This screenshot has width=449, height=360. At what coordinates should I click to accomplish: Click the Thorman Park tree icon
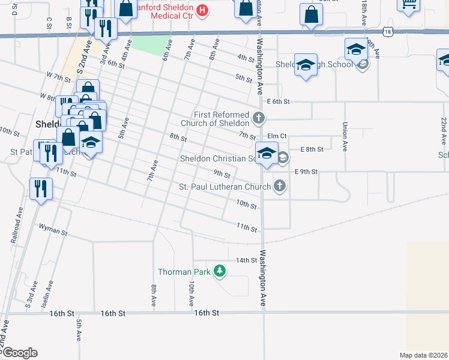[220, 272]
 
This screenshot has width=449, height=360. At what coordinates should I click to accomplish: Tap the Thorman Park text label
[184, 272]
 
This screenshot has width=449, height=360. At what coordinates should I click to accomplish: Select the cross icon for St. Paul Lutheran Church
[279, 187]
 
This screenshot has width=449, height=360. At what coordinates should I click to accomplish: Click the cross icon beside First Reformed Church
[259, 118]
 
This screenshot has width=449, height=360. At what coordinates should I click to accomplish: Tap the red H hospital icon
[202, 10]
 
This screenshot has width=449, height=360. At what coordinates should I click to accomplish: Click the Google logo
[19, 352]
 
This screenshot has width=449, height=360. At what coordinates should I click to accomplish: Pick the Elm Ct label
[277, 136]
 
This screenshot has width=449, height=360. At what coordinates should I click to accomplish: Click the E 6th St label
[279, 102]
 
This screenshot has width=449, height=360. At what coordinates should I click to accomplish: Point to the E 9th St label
[306, 172]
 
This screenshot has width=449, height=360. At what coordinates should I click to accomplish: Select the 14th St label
[246, 260]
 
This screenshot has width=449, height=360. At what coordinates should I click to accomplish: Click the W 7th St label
[59, 77]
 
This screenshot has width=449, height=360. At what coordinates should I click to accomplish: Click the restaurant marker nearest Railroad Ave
[41, 188]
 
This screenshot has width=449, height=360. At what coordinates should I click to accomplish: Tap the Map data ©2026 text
[424, 355]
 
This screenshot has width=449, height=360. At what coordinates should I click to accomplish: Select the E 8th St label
[312, 149]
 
